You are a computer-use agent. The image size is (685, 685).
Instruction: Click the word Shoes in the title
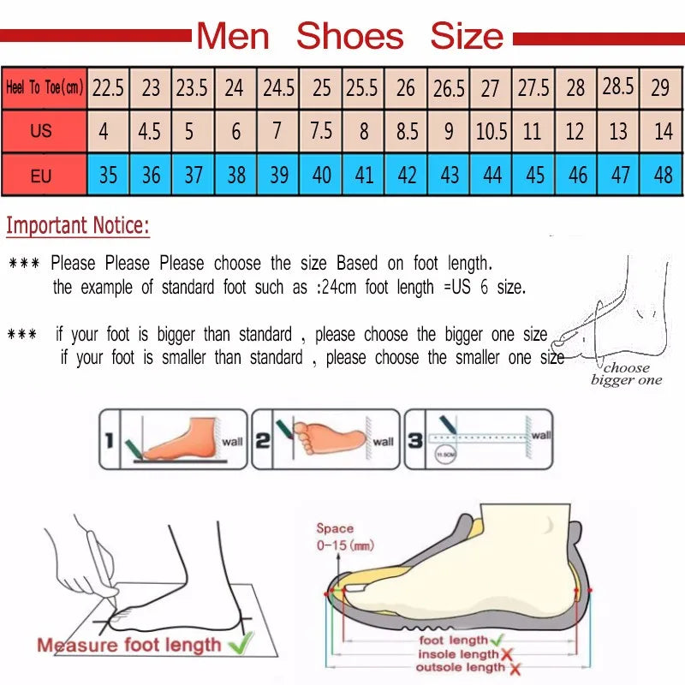tap(349, 36)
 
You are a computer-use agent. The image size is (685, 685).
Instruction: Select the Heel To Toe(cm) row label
tap(45, 87)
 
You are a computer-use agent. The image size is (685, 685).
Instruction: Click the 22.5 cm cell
tap(109, 87)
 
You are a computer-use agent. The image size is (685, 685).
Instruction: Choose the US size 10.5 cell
tap(491, 132)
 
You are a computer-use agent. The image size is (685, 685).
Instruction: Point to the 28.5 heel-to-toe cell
tap(618, 86)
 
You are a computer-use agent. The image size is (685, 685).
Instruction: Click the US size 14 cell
tap(663, 132)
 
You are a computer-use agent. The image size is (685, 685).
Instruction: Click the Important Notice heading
tap(78, 227)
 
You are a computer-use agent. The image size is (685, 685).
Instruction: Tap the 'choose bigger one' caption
tap(626, 374)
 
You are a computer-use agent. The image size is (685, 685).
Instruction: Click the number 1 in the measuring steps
tap(109, 441)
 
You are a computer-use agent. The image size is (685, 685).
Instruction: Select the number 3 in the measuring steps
tap(415, 441)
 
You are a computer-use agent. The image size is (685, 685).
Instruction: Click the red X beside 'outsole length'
tap(515, 667)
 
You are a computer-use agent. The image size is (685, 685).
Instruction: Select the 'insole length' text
tap(457, 654)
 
